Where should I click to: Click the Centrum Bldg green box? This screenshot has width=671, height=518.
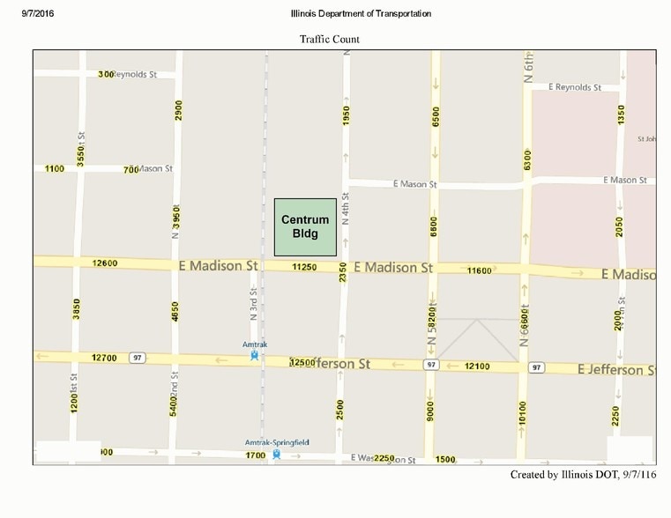(x=304, y=226)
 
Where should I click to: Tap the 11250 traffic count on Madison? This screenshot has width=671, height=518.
(x=304, y=267)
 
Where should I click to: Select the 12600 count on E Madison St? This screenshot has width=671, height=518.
(x=104, y=263)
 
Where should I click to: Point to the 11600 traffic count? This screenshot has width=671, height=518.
(x=480, y=270)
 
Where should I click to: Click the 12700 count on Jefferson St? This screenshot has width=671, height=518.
(x=104, y=358)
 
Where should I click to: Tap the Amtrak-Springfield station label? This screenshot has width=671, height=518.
(x=277, y=441)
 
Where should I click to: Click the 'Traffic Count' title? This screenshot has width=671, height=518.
(x=329, y=40)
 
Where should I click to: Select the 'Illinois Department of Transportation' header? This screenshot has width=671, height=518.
(x=361, y=13)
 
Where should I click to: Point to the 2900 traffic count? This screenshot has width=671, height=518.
(x=178, y=110)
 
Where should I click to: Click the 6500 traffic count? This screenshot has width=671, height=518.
(x=436, y=116)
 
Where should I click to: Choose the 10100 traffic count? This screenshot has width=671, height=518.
(x=524, y=413)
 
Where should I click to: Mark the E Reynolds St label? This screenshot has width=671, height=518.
(x=574, y=87)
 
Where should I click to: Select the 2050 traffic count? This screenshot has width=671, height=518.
(x=620, y=227)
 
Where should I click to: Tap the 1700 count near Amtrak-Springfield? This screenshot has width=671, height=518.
(x=255, y=455)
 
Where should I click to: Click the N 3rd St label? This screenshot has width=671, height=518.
(x=252, y=303)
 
